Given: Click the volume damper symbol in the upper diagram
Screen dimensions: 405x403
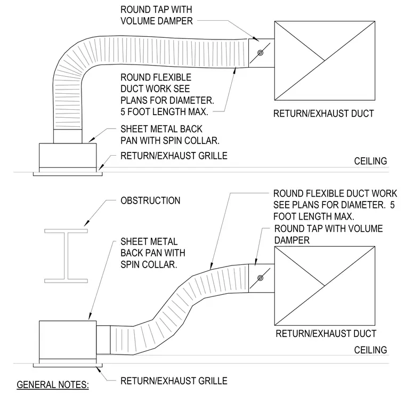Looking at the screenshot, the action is coord(261,53).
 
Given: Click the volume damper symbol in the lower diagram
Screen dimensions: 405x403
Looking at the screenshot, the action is coord(261,278).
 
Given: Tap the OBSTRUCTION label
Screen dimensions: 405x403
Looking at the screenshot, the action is coord(150,200).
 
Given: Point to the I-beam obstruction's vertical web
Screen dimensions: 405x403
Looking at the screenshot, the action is coord(66,256).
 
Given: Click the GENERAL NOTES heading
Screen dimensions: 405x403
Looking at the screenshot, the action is coord(53,385).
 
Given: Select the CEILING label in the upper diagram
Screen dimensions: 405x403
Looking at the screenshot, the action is coord(370,161).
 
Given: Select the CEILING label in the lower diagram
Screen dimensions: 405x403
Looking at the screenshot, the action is coord(370,350).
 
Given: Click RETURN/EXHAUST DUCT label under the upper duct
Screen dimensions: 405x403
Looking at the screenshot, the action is coord(323,114).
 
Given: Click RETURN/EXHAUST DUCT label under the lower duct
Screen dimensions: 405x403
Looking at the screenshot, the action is coord(326,334).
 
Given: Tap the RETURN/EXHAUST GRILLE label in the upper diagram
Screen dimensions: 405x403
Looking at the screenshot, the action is coord(174,156).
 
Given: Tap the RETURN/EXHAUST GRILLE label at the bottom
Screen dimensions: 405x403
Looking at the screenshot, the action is coord(174,381).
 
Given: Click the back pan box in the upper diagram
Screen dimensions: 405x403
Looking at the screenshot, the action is coord(68,156).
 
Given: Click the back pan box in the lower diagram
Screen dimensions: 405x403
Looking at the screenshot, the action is coord(68,340).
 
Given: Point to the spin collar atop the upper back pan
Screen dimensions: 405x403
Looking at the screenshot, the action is coord(68,136).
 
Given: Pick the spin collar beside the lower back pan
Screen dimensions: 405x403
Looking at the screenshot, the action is coord(103,340).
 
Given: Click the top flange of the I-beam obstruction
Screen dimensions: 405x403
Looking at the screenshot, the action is coord(66,231).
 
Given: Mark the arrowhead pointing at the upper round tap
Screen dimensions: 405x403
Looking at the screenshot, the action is coord(255,39).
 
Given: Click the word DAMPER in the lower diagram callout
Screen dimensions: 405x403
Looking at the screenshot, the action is coord(292,240).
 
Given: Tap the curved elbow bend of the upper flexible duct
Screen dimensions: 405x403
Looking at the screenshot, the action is coord(68,65).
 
